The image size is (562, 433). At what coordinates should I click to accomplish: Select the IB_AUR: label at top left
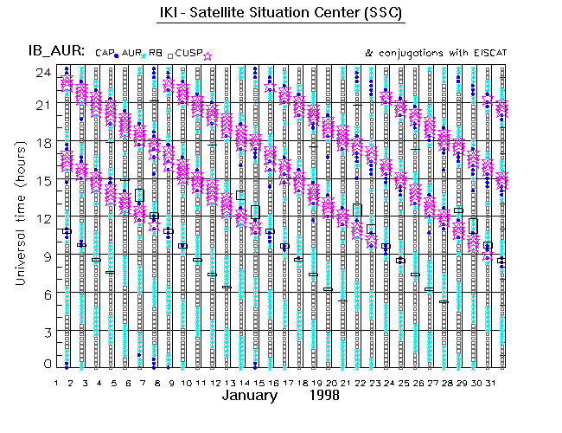tap(55, 52)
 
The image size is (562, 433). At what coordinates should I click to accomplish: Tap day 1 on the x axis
tap(56, 382)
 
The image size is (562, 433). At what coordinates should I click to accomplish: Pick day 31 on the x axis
tap(488, 382)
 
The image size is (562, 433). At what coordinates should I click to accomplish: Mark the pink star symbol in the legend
tap(208, 55)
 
